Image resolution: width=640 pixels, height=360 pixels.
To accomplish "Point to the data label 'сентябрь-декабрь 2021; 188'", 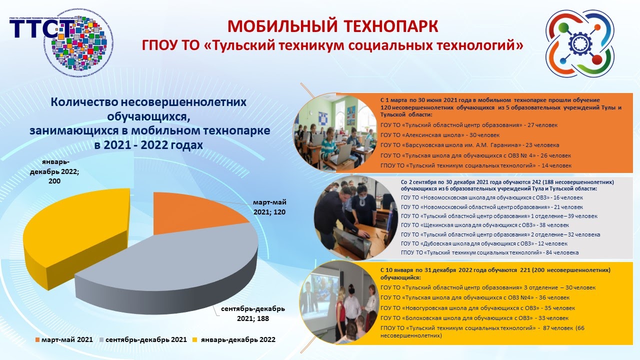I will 252,313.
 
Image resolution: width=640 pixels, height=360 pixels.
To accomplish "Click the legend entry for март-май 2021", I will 64,339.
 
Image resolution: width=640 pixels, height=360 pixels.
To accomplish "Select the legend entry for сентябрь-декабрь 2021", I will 143,339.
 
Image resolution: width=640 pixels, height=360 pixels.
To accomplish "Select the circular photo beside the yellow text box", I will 340,302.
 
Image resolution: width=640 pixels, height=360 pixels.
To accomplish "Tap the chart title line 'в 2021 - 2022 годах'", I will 149,145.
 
